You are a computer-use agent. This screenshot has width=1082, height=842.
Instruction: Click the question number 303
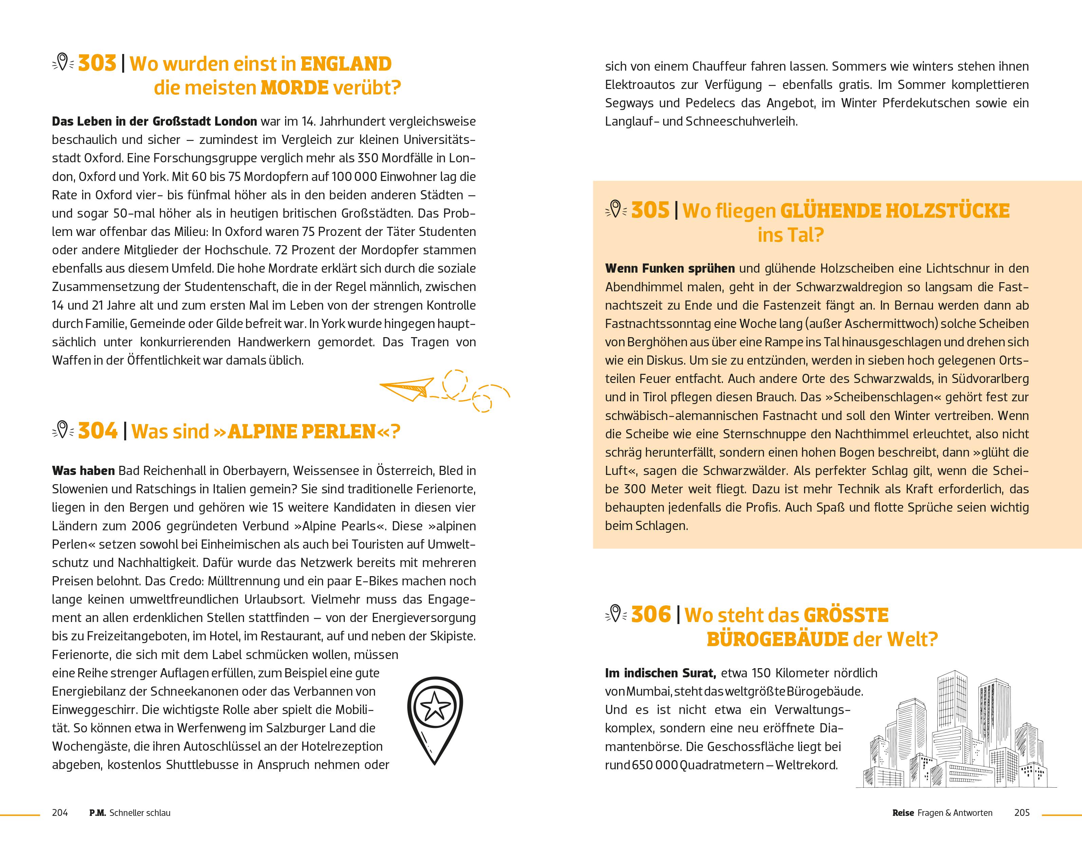click(97, 63)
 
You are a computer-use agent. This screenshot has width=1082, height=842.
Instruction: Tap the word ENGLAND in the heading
click(346, 64)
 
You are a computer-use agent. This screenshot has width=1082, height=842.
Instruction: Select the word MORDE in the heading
click(294, 88)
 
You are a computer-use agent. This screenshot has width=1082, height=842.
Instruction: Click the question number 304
click(98, 431)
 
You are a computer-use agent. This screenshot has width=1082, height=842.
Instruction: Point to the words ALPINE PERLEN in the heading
click(301, 432)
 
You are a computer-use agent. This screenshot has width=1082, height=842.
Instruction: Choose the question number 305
click(650, 210)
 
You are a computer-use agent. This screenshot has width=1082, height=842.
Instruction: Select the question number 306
click(651, 615)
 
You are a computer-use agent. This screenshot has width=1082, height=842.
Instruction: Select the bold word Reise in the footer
click(903, 813)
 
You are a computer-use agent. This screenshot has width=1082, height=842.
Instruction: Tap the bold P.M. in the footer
click(98, 813)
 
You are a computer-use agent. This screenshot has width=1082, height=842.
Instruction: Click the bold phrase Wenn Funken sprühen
click(670, 269)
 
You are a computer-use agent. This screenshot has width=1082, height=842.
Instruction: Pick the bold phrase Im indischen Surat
click(660, 673)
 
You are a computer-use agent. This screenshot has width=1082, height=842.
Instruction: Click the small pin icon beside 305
click(615, 209)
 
